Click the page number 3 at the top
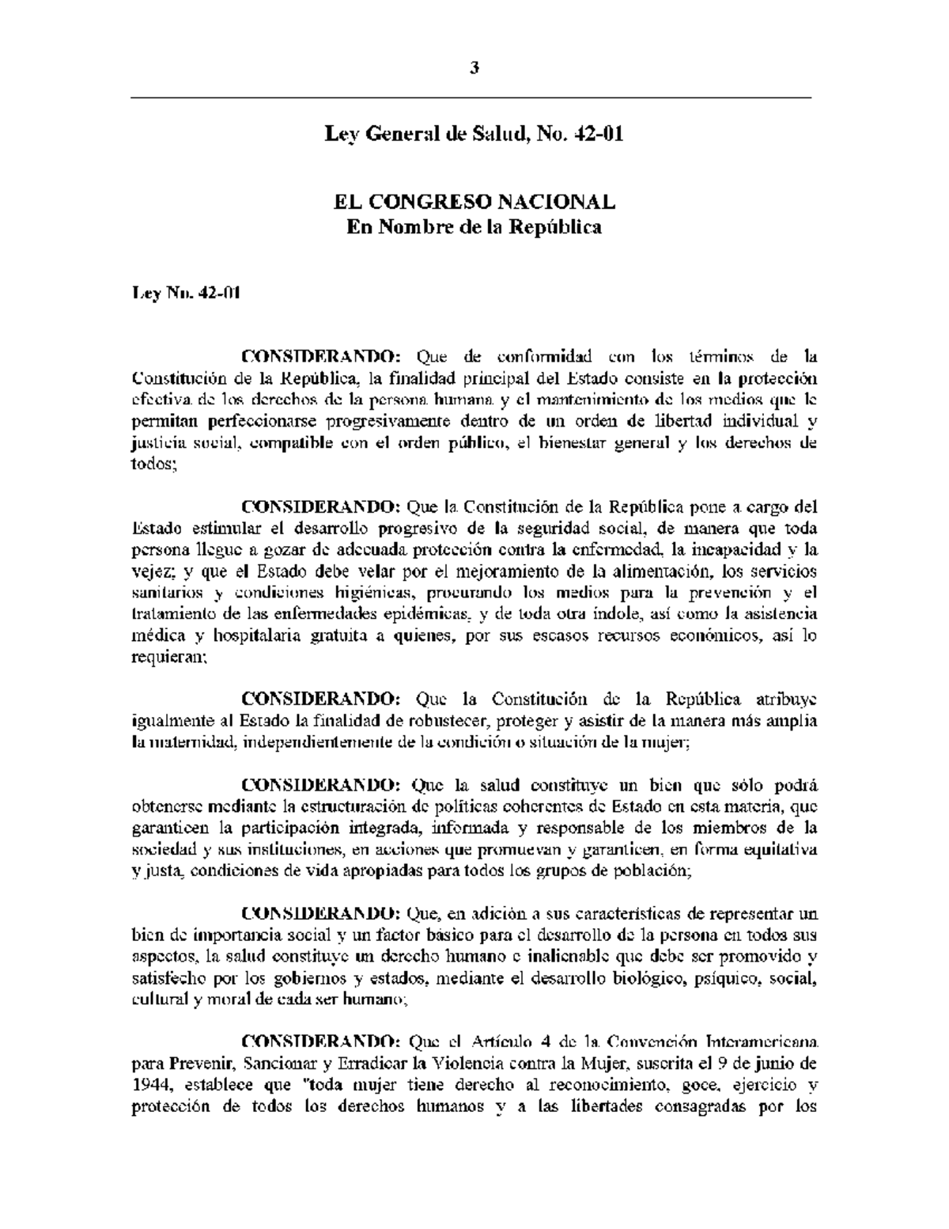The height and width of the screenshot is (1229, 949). (x=475, y=68)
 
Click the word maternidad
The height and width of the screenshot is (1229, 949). (x=190, y=742)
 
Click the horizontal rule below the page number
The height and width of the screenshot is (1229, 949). (x=471, y=97)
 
